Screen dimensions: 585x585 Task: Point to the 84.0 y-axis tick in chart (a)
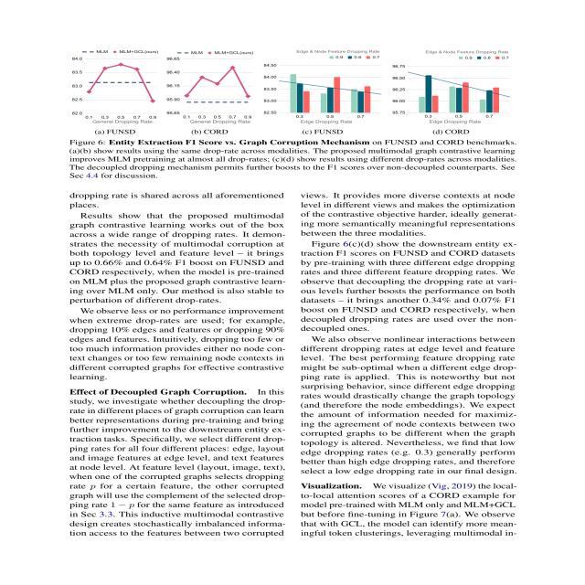(x=77, y=58)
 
